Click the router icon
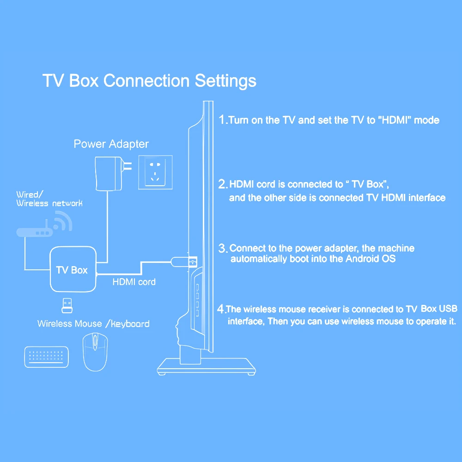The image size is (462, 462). (35, 232)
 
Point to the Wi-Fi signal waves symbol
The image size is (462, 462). (62, 221)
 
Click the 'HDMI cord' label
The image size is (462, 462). (134, 281)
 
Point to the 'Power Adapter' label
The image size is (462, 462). (111, 144)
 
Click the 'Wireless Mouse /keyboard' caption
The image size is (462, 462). (93, 323)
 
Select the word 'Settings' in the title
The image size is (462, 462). (225, 81)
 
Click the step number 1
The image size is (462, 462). (222, 120)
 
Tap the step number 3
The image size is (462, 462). (222, 248)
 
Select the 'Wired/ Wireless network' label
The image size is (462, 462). (49, 199)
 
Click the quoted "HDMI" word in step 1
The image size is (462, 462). (394, 120)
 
